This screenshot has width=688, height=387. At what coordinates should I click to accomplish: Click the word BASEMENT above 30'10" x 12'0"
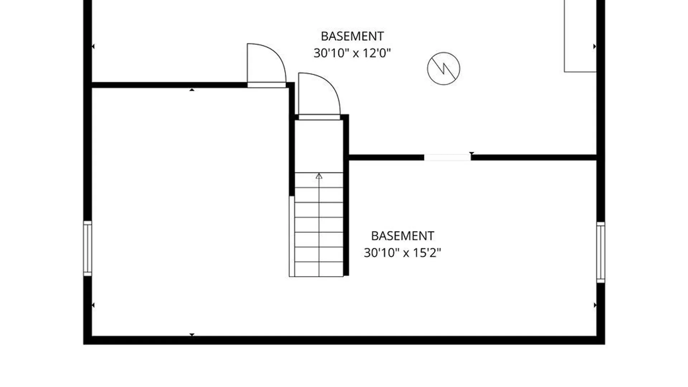[352, 36]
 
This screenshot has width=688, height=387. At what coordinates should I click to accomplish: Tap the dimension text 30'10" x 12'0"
[352, 53]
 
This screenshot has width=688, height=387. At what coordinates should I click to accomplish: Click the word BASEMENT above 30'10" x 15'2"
[402, 236]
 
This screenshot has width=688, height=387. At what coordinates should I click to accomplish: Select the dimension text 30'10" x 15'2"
[402, 253]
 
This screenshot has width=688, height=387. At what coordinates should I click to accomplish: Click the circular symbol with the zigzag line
[444, 68]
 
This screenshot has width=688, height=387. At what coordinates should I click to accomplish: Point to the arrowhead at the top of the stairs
[319, 176]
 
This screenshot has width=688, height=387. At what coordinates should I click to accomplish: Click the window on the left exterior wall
[87, 249]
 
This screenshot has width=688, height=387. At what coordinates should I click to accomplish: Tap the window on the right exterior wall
[601, 252]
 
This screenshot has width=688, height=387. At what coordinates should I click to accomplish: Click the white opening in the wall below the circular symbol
[447, 157]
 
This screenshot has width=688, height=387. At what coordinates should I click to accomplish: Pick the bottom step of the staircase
[319, 269]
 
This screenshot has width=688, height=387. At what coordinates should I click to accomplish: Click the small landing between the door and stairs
[319, 146]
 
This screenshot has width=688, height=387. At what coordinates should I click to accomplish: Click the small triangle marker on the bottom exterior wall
[192, 335]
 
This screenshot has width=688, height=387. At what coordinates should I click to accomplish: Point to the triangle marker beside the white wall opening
[472, 153]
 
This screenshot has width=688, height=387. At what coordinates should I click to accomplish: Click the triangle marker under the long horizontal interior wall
[192, 90]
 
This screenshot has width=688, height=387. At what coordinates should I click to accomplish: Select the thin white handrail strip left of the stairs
[292, 236]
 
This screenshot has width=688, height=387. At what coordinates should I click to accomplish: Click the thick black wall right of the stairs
[346, 195]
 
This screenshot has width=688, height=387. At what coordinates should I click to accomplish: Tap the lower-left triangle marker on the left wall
[93, 305]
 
